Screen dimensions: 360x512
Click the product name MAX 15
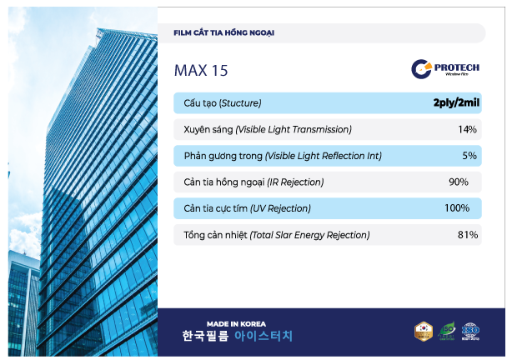click(x=201, y=71)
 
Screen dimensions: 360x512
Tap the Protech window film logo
click(x=446, y=69)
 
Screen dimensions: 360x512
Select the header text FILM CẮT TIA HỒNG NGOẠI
click(x=223, y=33)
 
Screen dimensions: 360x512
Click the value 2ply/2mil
click(x=454, y=103)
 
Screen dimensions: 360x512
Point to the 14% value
click(x=467, y=129)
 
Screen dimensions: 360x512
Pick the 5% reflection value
click(x=469, y=156)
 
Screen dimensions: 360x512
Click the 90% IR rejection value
click(x=459, y=182)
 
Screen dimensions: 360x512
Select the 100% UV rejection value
click(x=457, y=208)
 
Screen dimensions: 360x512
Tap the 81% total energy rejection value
click(x=467, y=235)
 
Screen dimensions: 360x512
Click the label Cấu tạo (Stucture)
click(x=223, y=103)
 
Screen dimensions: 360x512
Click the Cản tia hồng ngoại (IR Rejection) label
click(x=253, y=182)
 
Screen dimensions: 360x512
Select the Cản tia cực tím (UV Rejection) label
click(x=247, y=208)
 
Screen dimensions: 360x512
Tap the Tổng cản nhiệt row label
click(x=277, y=235)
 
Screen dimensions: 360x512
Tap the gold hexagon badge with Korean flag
click(x=424, y=332)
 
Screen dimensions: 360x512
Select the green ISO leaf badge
click(x=448, y=332)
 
